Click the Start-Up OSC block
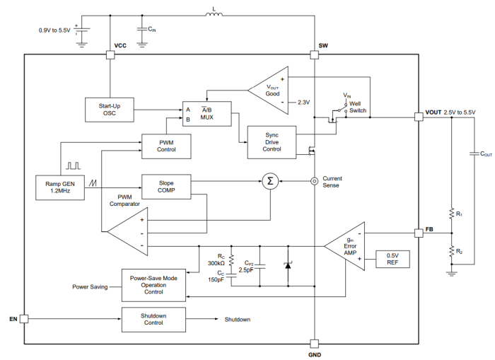pos(109,110)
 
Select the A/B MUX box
pos(206,114)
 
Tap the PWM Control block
pos(165,145)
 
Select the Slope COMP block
pos(166,185)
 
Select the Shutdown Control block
pos(153,319)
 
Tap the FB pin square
pos(419,231)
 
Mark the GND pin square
pos(313,343)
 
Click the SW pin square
pos(313,54)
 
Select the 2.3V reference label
pos(304,102)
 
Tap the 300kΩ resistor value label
pos(217,263)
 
